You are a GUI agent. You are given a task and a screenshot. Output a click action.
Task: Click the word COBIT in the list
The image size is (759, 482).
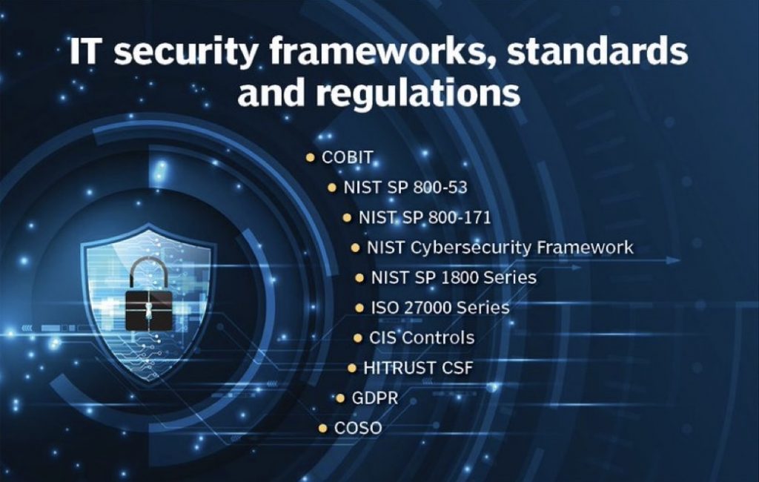(x=347, y=157)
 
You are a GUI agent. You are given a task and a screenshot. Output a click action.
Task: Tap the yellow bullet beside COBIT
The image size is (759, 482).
(x=311, y=157)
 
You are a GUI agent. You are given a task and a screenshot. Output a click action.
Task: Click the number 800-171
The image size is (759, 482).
(x=460, y=217)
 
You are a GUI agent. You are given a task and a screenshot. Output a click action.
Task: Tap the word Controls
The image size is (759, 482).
(x=438, y=337)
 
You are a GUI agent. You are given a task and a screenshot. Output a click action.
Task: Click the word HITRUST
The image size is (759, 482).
(x=393, y=368)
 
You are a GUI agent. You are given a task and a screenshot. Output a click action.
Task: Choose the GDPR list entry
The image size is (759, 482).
(x=374, y=397)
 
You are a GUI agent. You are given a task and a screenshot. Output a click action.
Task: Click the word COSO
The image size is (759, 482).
(x=358, y=428)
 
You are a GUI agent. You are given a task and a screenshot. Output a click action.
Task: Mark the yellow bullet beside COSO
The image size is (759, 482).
(x=323, y=428)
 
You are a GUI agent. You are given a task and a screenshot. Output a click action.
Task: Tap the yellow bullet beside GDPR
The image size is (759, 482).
(x=340, y=397)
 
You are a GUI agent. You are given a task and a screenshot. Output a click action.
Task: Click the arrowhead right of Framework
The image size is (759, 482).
(x=673, y=260)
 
